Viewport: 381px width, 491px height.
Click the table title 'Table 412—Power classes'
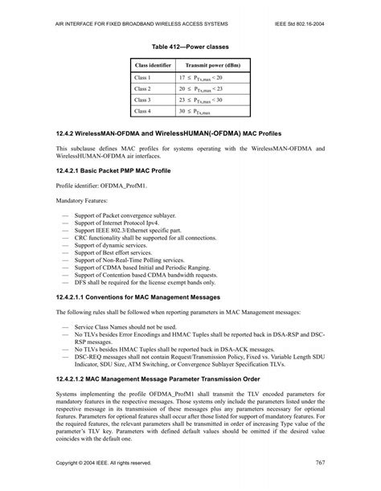point(190,39)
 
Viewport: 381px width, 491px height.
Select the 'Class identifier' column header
point(153,64)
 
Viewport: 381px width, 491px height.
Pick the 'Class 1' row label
point(143,77)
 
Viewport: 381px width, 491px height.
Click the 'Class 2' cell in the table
point(143,88)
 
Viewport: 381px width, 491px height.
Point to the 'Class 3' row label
point(143,100)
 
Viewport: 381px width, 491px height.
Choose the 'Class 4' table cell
point(143,111)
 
